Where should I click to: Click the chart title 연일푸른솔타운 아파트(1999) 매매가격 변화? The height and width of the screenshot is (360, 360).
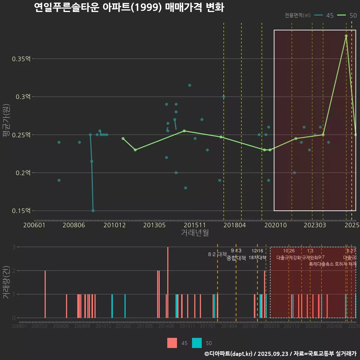click(x=129, y=7)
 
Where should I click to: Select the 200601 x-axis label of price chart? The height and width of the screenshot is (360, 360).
click(x=34, y=225)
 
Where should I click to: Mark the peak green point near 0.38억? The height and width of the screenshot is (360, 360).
click(x=346, y=36)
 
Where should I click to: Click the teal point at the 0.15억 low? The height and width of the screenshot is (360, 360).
click(x=93, y=211)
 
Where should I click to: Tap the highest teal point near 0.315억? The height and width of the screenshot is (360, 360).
click(x=190, y=85)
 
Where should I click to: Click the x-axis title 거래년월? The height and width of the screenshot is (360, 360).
click(x=195, y=233)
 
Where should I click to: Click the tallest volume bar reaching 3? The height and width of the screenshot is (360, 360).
click(x=168, y=282)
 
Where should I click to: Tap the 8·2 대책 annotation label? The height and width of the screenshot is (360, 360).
click(x=217, y=254)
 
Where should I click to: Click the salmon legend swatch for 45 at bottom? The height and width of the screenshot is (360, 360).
click(x=172, y=343)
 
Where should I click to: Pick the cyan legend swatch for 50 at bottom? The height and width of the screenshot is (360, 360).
click(x=196, y=343)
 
